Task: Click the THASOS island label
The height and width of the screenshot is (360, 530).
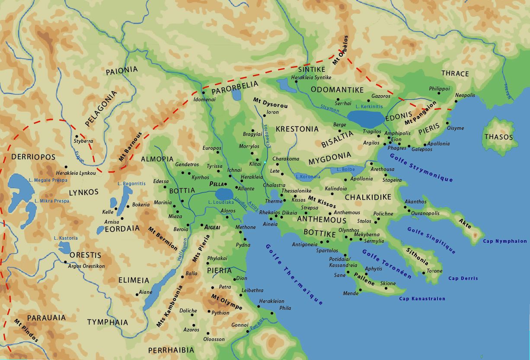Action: coord(498,137)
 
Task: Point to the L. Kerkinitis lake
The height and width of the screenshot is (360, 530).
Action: coord(365,117)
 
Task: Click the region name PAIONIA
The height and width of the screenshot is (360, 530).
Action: coord(121,69)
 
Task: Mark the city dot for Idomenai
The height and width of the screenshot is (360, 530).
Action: coord(203,93)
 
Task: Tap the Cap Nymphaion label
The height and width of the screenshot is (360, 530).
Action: coord(505,241)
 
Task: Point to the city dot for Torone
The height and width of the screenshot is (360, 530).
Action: coord(424,273)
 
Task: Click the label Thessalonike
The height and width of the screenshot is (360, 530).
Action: coord(296,191)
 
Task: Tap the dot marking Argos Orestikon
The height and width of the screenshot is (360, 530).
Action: coord(66,262)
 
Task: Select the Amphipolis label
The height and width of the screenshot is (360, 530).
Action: coord(397,133)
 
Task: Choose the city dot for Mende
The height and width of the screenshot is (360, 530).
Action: coord(360,290)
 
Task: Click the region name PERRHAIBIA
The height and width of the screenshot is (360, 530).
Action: coord(171,350)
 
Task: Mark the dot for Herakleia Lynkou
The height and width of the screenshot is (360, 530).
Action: coord(66,167)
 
